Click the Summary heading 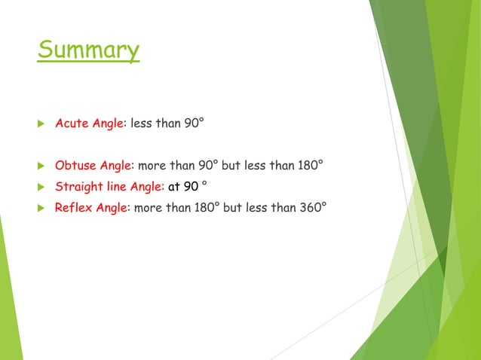click(88, 50)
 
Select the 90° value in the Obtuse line click(207, 165)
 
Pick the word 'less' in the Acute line click(142, 123)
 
